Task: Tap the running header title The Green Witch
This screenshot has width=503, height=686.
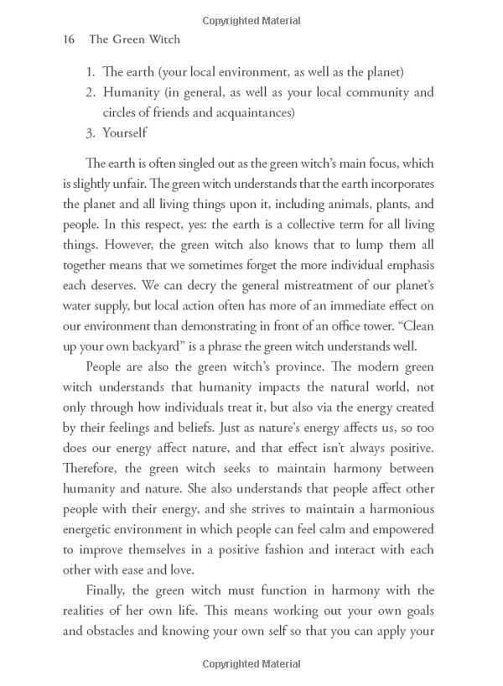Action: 134,39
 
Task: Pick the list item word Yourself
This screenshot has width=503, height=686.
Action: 125,133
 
